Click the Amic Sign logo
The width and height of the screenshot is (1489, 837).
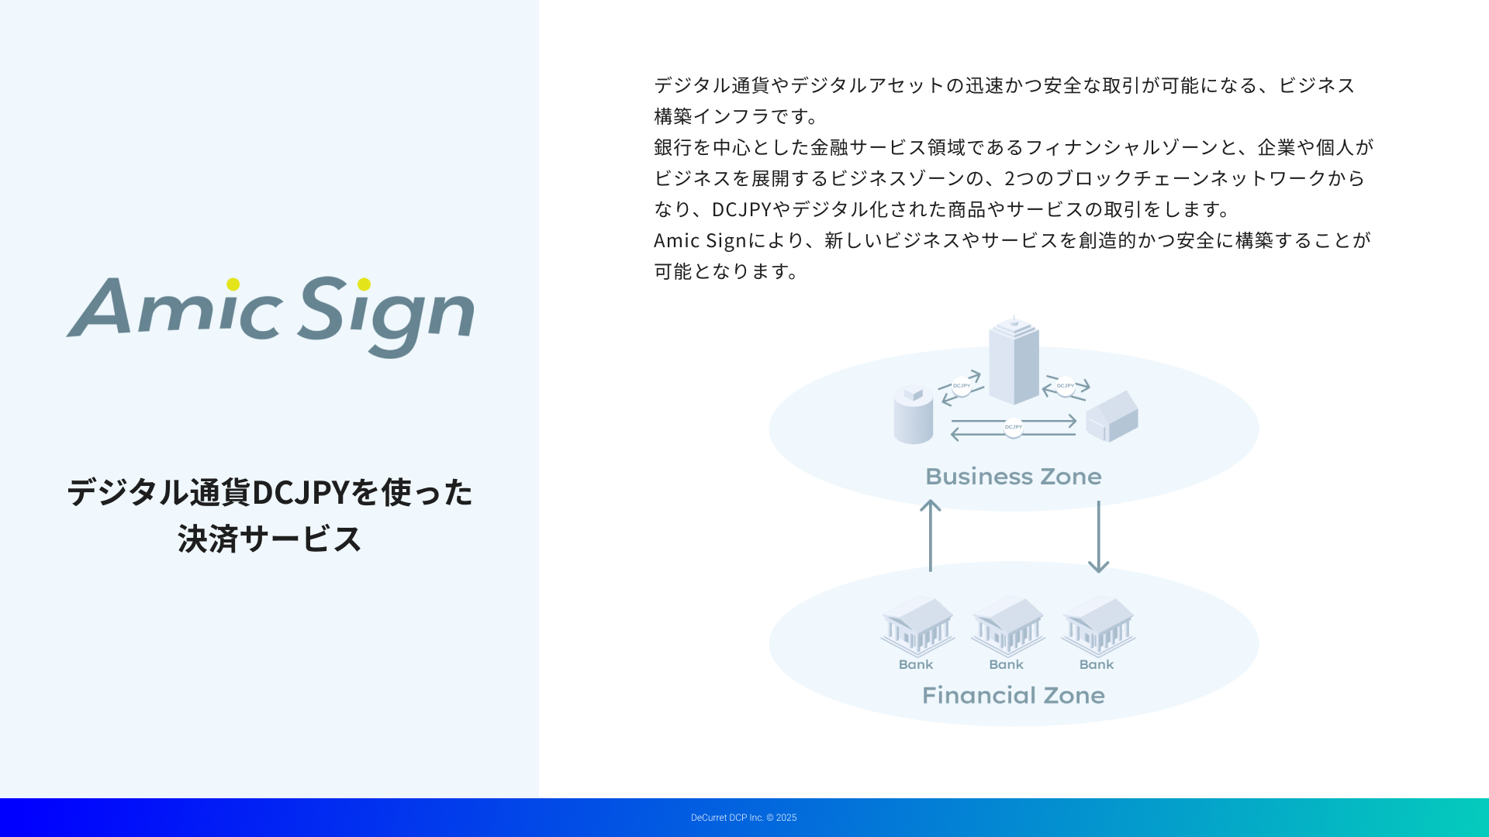(x=270, y=317)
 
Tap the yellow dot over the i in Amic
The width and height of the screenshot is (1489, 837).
(x=233, y=284)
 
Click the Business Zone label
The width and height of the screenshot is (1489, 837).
(x=1014, y=476)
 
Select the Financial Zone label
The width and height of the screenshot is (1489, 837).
(x=1014, y=695)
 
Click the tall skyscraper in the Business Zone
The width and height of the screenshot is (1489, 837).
(x=1014, y=360)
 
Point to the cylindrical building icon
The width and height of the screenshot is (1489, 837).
(x=914, y=415)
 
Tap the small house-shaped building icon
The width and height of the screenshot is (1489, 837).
(x=1112, y=417)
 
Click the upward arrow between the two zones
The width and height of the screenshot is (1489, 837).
(x=931, y=536)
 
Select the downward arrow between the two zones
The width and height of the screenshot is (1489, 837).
(x=1098, y=537)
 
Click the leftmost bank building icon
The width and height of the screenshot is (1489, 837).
(x=917, y=626)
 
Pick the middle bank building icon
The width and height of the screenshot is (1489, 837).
(x=1007, y=626)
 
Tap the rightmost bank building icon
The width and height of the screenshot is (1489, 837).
(x=1098, y=626)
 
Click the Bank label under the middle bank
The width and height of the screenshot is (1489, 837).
(x=1007, y=664)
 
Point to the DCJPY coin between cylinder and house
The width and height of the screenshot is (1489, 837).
(x=1014, y=428)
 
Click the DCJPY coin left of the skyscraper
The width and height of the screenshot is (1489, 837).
(x=962, y=386)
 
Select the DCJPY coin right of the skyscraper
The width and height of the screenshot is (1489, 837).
(x=1066, y=386)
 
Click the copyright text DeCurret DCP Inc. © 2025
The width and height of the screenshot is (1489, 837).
(x=744, y=818)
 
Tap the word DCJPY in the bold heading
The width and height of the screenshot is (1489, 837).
(x=301, y=492)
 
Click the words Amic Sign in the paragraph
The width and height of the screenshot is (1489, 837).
(x=700, y=240)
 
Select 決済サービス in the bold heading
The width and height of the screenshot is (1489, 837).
(x=270, y=539)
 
